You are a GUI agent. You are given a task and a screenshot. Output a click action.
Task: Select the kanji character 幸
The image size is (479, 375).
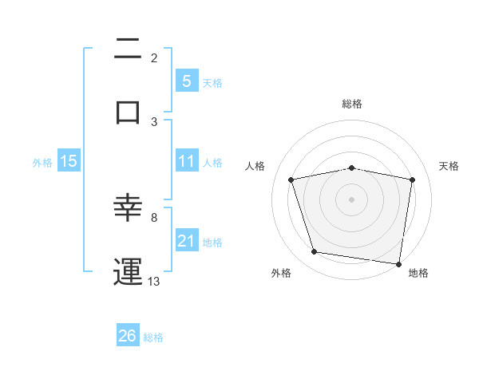tap(128, 208)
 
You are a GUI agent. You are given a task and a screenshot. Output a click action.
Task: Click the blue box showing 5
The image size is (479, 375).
tap(186, 81)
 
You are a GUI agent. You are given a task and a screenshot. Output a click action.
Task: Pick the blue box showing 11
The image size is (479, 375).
tap(186, 161)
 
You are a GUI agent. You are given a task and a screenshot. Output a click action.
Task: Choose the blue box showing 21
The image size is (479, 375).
tap(186, 241)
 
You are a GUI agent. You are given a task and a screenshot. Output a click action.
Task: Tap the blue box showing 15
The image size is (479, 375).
tap(69, 161)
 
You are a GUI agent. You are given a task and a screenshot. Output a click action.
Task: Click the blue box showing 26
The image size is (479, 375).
tap(127, 336)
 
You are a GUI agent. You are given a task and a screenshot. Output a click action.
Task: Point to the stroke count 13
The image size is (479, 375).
tap(154, 281)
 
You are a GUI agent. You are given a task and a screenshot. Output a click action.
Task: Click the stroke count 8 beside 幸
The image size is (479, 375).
tap(154, 216)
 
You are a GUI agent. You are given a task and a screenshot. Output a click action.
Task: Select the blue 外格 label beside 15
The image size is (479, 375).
tap(42, 162)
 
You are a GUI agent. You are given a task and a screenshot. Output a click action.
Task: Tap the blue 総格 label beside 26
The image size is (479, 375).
tap(153, 337)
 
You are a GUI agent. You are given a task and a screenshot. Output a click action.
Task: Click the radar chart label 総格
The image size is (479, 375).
tap(351, 104)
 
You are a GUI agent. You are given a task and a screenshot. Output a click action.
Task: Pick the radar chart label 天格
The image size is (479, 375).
tap(449, 166)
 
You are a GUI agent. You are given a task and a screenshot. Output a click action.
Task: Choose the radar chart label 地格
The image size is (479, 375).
tap(418, 273)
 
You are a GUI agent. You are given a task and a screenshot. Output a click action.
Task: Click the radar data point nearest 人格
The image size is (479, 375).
tap(291, 180)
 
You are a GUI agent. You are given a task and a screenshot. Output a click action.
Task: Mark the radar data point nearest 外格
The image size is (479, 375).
tap(315, 252)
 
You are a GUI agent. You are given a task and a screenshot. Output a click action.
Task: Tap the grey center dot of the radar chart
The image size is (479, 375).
tap(351, 199)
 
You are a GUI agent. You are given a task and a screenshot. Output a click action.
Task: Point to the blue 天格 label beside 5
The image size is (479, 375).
tap(212, 82)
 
